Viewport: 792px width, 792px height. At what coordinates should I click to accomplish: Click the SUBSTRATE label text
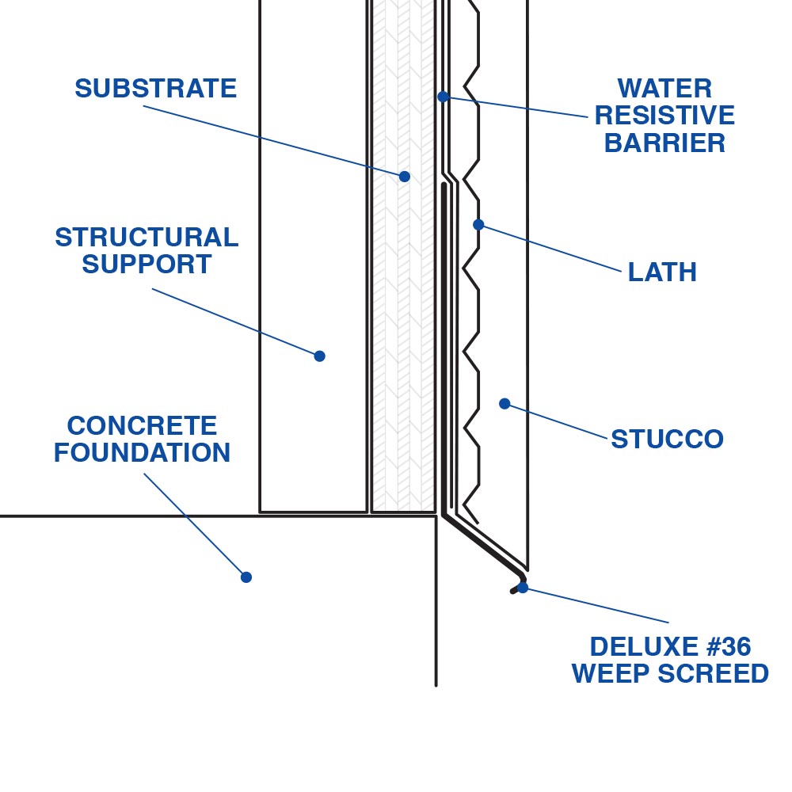[x=155, y=89]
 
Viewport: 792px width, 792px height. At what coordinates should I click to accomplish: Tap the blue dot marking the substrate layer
[x=405, y=177]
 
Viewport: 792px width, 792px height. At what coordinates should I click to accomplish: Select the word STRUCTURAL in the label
[x=147, y=237]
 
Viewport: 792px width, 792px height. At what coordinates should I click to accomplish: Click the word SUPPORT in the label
[x=147, y=265]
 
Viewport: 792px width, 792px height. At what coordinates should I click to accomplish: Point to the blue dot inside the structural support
[x=319, y=356]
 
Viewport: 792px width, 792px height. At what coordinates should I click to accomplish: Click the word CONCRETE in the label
[x=142, y=426]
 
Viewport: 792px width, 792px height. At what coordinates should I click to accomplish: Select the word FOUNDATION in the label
[x=142, y=453]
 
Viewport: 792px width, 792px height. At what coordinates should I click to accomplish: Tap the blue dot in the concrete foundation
[x=246, y=577]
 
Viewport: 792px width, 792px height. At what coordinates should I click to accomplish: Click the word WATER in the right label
[x=664, y=88]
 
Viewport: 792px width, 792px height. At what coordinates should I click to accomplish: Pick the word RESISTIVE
[x=664, y=116]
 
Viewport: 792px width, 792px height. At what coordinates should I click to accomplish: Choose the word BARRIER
[x=664, y=143]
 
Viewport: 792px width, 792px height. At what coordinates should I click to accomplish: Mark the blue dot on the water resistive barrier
[x=444, y=97]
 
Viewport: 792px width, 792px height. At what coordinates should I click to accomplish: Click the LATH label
[x=662, y=272]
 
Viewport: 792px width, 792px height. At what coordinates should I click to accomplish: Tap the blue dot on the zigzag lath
[x=478, y=225]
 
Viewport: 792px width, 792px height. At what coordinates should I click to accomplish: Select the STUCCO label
[x=667, y=440]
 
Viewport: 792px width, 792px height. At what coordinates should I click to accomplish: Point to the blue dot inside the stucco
[x=505, y=404]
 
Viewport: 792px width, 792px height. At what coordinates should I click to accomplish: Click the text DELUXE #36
[x=670, y=647]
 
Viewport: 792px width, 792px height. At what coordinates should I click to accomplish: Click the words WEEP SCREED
[x=670, y=674]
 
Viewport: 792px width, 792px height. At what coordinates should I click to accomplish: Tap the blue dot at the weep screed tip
[x=523, y=588]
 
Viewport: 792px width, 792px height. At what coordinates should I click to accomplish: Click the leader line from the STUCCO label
[x=558, y=421]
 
